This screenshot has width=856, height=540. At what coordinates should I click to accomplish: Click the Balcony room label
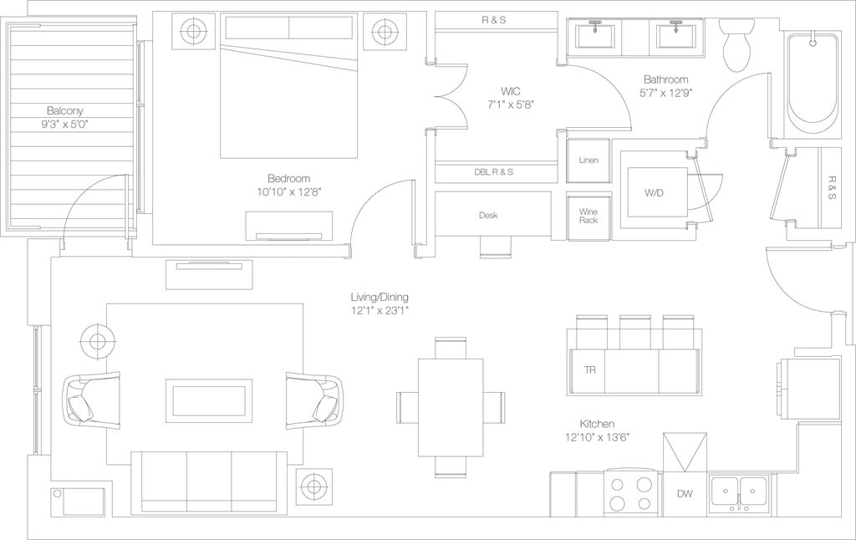point(64,110)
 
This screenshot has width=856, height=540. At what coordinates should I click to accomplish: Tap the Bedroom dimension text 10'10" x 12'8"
point(288,191)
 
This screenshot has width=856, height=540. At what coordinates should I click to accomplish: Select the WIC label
point(511,90)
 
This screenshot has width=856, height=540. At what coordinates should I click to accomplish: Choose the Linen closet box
point(588,160)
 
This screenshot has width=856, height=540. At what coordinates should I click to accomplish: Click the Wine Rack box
point(588,215)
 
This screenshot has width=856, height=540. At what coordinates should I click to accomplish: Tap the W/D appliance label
point(655,193)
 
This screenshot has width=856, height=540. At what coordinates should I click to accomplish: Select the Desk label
point(488,216)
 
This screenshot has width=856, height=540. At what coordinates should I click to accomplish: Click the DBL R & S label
point(493,172)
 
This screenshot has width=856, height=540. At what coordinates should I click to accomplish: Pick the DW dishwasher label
point(685,494)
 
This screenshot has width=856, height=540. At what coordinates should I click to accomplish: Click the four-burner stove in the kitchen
point(630,493)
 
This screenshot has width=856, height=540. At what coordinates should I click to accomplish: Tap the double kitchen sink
point(740,492)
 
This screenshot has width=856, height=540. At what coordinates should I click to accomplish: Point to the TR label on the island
point(588,369)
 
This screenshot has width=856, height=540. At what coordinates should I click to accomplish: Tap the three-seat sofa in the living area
point(209,481)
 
